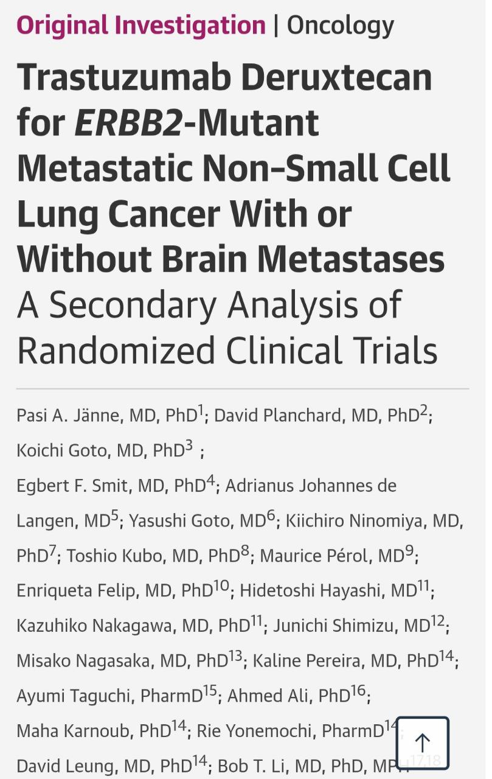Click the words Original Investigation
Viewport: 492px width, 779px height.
coord(141,26)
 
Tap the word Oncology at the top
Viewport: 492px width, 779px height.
coord(341,26)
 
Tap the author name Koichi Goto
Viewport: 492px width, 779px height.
coord(55,451)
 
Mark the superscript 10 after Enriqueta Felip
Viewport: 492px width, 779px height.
coord(221,586)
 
